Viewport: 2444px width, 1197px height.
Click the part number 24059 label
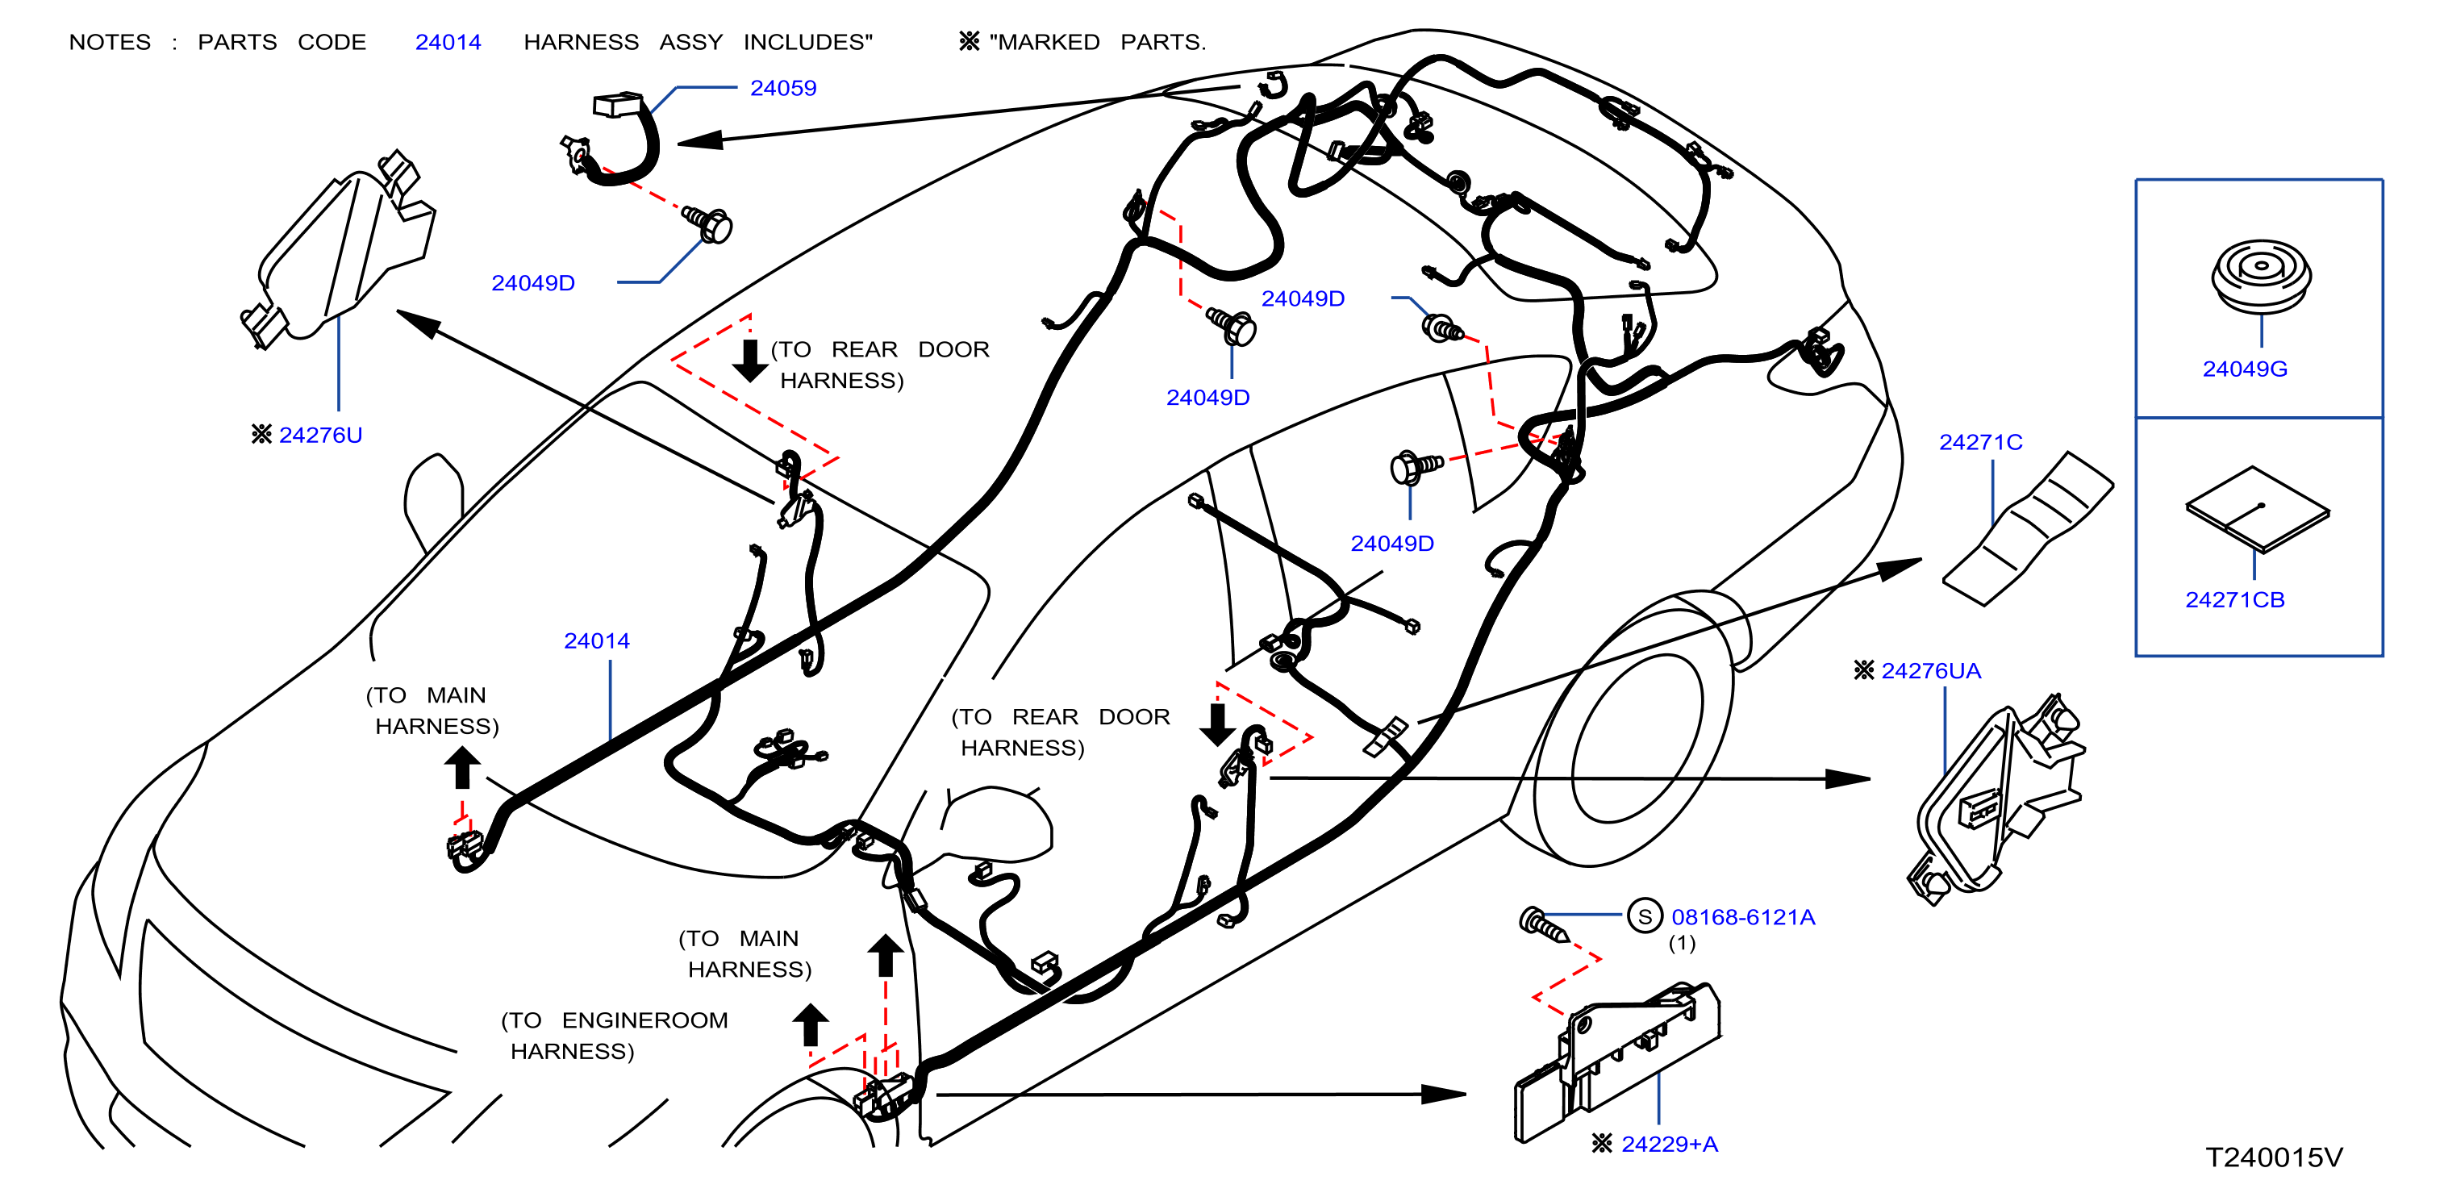[x=782, y=88]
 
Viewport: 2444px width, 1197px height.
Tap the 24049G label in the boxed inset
[x=2245, y=369]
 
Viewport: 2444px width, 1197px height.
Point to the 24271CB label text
[x=2234, y=599]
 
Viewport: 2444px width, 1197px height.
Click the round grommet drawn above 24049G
[x=2261, y=275]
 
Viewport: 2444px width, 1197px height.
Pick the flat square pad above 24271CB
[x=2257, y=509]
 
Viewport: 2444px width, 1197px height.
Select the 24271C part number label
[x=1980, y=442]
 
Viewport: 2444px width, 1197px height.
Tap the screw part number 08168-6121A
[x=1743, y=917]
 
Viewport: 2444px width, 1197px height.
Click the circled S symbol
[x=1645, y=916]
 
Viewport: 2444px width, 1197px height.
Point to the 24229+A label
[x=1670, y=1144]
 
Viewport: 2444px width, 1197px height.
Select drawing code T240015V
[x=2273, y=1157]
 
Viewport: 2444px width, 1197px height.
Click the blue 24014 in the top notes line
[x=448, y=43]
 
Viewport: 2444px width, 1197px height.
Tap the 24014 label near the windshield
[x=597, y=641]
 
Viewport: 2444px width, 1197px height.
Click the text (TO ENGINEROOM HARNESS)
[x=615, y=1036]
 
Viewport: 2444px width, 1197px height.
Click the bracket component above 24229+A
[x=1616, y=1061]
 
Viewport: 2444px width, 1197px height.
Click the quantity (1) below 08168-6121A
[x=1681, y=944]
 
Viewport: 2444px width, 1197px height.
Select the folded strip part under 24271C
[x=2028, y=528]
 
